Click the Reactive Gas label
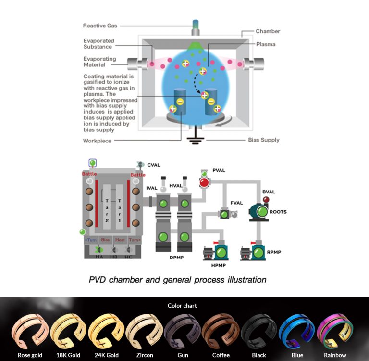100,26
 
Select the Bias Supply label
263,140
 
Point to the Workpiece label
97,141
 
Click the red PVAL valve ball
205,182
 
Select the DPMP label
176,258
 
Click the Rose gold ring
30,332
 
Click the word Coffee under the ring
221,355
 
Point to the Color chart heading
182,305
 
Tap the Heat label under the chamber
120,239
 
